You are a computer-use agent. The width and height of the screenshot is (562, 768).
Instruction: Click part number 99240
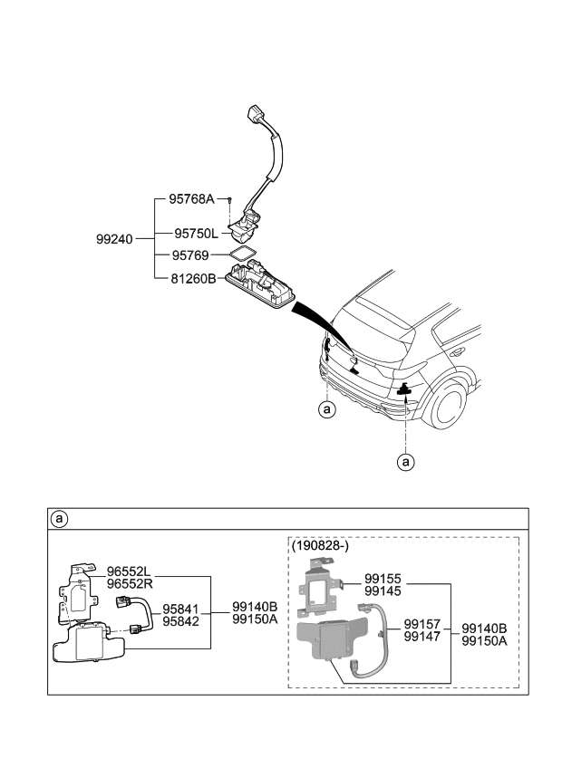point(114,240)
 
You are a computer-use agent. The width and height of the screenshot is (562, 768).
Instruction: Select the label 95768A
point(191,199)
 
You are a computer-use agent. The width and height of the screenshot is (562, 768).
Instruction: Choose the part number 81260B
point(193,280)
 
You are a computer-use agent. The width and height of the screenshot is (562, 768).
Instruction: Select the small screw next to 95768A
point(231,199)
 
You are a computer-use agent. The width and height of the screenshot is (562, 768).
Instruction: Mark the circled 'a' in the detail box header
point(59,519)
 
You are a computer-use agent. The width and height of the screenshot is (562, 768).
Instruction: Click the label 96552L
point(129,571)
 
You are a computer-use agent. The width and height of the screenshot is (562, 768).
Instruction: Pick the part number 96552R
point(129,584)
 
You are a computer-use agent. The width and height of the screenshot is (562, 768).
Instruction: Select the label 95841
point(181,610)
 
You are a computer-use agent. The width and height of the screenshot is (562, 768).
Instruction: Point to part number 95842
point(181,622)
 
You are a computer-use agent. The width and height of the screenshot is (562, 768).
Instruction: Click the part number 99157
point(422,625)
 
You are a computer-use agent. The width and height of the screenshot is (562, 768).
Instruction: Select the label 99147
point(422,638)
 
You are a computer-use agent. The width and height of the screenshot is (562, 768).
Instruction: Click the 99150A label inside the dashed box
point(484,640)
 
